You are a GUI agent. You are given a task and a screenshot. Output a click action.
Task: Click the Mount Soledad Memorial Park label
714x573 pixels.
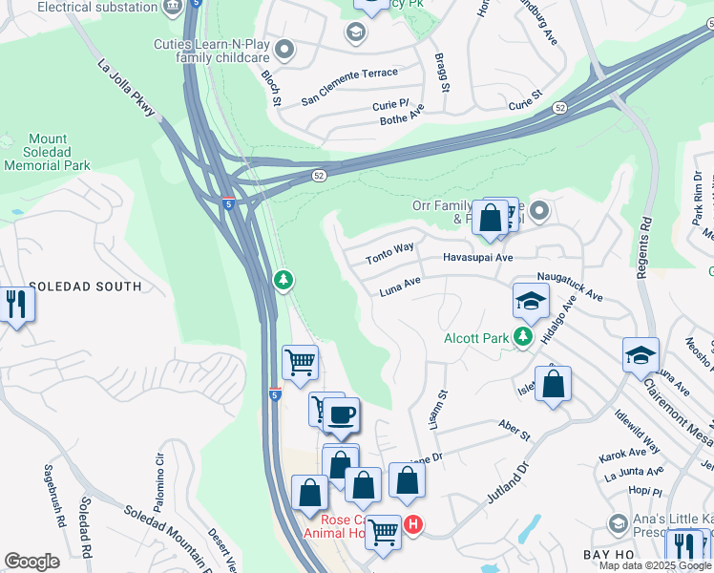[x=47, y=152]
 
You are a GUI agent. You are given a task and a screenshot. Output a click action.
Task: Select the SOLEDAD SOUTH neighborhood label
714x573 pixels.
[x=85, y=286]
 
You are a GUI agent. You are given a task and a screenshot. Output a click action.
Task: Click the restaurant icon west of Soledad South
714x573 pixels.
[x=17, y=305]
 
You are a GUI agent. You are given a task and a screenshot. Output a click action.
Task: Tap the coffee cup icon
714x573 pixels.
[x=342, y=415]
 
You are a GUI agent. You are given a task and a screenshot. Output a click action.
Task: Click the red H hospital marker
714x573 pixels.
[x=413, y=524]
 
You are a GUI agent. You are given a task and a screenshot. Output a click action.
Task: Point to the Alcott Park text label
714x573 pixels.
[x=474, y=339]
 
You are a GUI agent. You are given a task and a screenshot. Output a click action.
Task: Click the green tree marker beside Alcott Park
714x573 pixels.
[x=522, y=336]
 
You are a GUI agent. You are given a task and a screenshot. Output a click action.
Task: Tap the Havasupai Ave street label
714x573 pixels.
[x=478, y=258]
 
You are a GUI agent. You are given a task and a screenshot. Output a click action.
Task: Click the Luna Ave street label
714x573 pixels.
[x=400, y=284]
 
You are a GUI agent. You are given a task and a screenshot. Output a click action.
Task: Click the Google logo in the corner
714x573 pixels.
[x=31, y=562]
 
